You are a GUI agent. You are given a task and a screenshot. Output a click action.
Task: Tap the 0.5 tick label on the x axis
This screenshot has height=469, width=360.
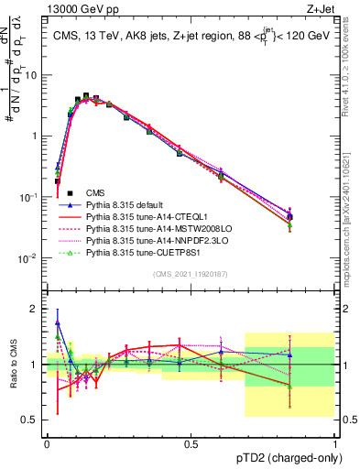tap(191, 442)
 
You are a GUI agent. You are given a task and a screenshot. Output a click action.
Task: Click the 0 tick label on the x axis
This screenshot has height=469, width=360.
tap(47, 442)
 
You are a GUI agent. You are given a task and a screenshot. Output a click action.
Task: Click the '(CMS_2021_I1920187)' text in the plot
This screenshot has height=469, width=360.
tap(190, 273)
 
